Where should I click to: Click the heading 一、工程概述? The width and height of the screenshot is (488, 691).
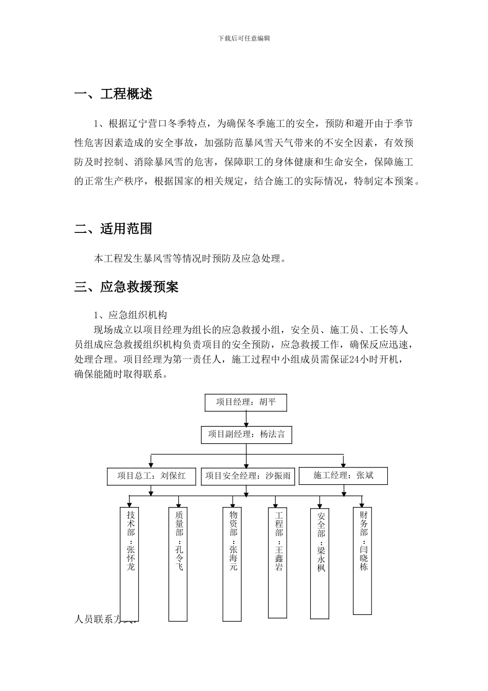114,95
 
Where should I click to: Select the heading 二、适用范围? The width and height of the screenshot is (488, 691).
114,229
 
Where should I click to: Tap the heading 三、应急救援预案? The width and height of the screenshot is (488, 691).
126,287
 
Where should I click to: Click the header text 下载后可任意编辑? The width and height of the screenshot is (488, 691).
244,38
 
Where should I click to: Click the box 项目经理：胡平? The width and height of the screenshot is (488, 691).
246,403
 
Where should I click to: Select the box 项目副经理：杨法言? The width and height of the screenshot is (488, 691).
246,434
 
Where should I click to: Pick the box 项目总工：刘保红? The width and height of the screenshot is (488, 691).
152,476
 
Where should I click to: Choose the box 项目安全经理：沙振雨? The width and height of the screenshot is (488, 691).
248,476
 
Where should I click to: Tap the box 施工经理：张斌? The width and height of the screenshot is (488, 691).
343,476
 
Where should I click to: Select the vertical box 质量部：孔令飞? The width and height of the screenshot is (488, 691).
178,563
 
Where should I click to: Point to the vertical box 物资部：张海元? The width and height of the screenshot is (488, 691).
233,563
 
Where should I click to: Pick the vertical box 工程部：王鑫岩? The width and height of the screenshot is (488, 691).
278,562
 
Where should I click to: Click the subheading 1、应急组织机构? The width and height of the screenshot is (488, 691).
130,315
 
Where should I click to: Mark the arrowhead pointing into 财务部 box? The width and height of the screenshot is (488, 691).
362,505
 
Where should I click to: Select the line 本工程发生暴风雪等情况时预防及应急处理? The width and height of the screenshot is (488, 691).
190,259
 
